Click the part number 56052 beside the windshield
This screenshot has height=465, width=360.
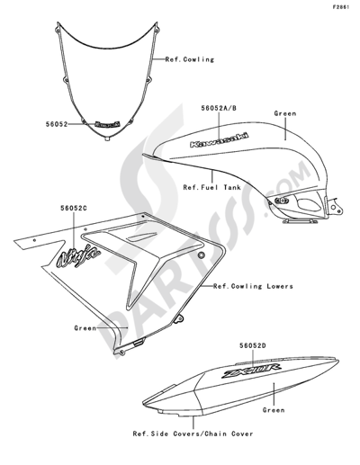coord(57,124)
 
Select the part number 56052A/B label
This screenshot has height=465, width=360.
coord(219,108)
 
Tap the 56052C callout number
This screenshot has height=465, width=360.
coord(74,208)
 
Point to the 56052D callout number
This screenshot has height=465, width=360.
coord(253,345)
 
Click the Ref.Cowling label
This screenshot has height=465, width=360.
coord(190,59)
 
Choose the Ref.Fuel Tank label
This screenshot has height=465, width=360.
coord(212,187)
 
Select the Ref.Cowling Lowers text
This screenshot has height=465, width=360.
coord(253,286)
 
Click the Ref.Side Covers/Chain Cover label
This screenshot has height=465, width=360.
coord(193,434)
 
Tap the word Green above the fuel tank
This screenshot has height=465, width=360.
coord(285,113)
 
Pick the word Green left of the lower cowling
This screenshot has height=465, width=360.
coord(85,328)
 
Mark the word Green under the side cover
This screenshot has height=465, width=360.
coord(274,410)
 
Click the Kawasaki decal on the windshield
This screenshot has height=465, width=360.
coord(107,124)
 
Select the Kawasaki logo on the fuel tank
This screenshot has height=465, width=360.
coord(220,140)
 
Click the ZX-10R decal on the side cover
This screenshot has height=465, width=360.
coord(251,371)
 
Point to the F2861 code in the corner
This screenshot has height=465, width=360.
coord(340,7)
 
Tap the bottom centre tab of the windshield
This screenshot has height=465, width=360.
coord(106,139)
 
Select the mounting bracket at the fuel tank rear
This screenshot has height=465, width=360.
coord(335,206)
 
